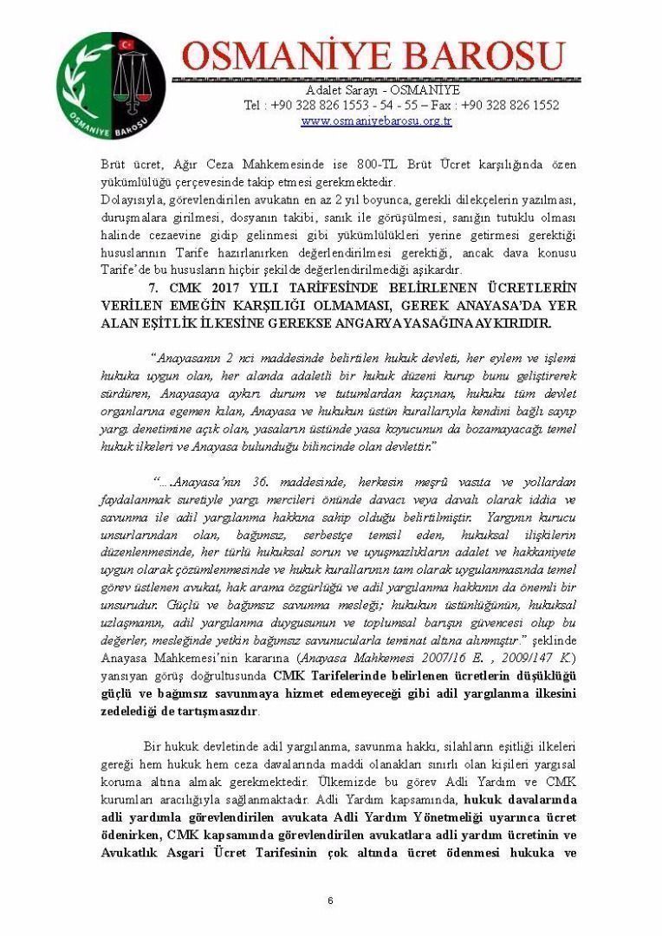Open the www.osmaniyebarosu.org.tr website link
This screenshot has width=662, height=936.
click(376, 121)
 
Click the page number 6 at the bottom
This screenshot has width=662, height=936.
click(330, 902)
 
